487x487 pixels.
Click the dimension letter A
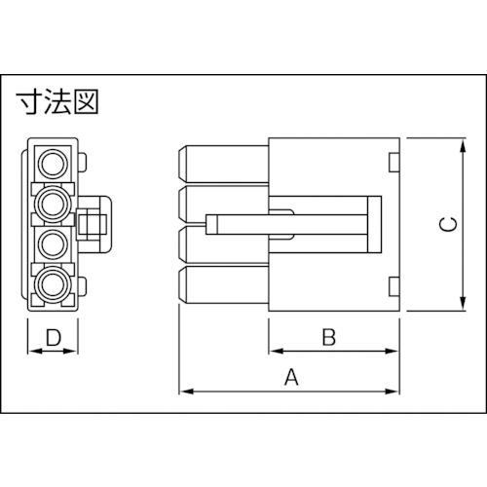tap(289, 378)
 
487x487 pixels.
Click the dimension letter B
tap(329, 337)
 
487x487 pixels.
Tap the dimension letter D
tap(56, 338)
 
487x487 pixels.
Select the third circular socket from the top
tap(54, 243)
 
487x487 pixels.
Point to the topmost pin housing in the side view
tap(222, 162)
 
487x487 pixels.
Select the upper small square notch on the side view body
tap(393, 161)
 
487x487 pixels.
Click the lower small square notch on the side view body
tap(393, 285)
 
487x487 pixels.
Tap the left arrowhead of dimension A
tap(185, 392)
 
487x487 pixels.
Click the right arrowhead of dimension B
tap(393, 351)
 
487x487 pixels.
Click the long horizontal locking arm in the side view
tap(292, 223)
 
